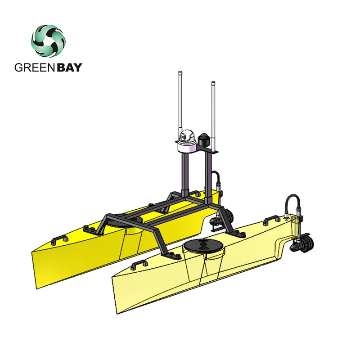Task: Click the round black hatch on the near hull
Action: tap(201, 245)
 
